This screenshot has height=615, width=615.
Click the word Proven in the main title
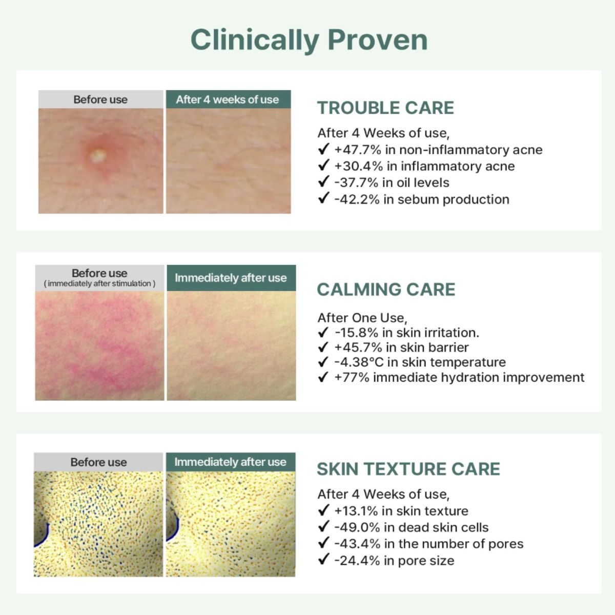click(x=377, y=40)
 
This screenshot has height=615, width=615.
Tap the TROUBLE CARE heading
click(x=385, y=108)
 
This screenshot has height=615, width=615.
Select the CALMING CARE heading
click(x=386, y=290)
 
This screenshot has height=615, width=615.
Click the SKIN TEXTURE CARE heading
click(x=408, y=469)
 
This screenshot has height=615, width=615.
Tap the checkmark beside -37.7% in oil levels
click(x=323, y=182)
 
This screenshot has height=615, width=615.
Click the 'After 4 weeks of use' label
click(x=228, y=99)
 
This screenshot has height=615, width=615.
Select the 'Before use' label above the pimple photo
click(x=100, y=99)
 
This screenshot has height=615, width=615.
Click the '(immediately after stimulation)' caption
click(x=99, y=283)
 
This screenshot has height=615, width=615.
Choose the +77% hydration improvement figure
click(x=352, y=378)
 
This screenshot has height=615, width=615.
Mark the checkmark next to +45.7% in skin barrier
click(x=323, y=347)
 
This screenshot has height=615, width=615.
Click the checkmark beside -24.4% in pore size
click(x=323, y=560)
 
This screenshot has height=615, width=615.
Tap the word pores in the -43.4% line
click(x=506, y=544)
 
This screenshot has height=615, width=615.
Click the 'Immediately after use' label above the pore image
click(x=230, y=462)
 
